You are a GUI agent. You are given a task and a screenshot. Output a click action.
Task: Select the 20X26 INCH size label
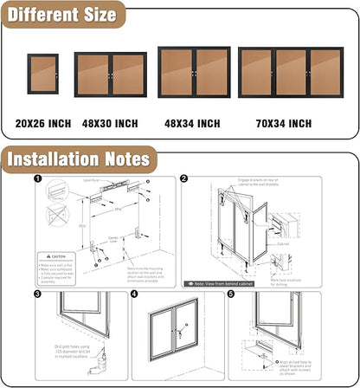[x=43, y=124]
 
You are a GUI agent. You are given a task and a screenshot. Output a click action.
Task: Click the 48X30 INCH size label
[x=110, y=124]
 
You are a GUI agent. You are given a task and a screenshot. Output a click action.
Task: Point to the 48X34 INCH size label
[x=192, y=124]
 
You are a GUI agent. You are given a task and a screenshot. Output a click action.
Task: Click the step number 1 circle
[x=38, y=180]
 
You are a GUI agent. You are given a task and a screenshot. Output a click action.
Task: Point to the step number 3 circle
[x=38, y=294]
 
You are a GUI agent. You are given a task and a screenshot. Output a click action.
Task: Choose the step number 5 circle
[x=231, y=294]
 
